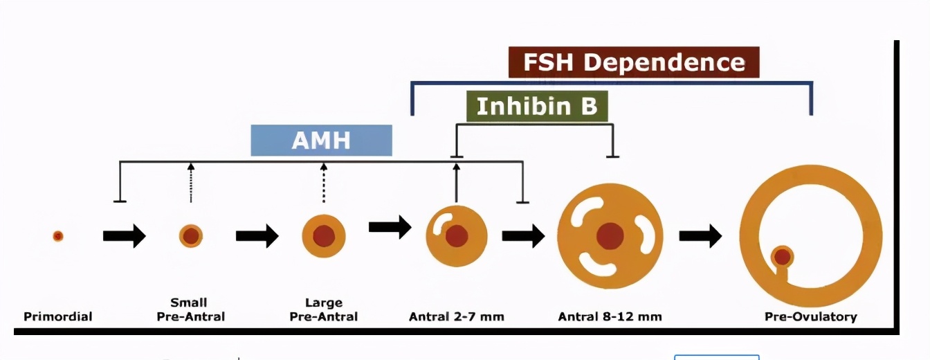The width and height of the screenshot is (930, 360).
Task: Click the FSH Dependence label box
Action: click(x=633, y=62)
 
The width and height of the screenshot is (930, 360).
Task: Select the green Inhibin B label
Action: click(x=536, y=107)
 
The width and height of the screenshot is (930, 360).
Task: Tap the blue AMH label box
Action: click(x=321, y=141)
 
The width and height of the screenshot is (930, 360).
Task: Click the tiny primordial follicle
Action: click(x=58, y=236)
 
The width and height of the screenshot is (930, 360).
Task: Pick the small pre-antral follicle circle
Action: click(x=191, y=236)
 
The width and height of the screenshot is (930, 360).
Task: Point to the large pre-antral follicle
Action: click(x=323, y=236)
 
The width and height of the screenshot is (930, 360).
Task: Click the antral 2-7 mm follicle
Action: click(x=456, y=236)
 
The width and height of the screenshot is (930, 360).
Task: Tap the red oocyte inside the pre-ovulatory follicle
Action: click(x=783, y=257)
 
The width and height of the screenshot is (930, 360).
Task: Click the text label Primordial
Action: click(x=58, y=317)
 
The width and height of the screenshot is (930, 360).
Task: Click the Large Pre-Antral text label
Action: click(x=323, y=309)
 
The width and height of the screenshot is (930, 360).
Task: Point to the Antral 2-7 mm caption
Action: click(x=457, y=317)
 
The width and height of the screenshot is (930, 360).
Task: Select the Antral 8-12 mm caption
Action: click(x=610, y=317)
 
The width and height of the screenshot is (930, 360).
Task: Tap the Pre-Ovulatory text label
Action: click(x=810, y=317)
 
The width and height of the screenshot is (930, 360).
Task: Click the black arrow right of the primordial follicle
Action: click(x=125, y=236)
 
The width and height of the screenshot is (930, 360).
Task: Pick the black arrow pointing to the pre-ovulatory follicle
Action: click(x=700, y=236)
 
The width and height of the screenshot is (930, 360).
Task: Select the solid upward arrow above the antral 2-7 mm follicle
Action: click(x=457, y=183)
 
